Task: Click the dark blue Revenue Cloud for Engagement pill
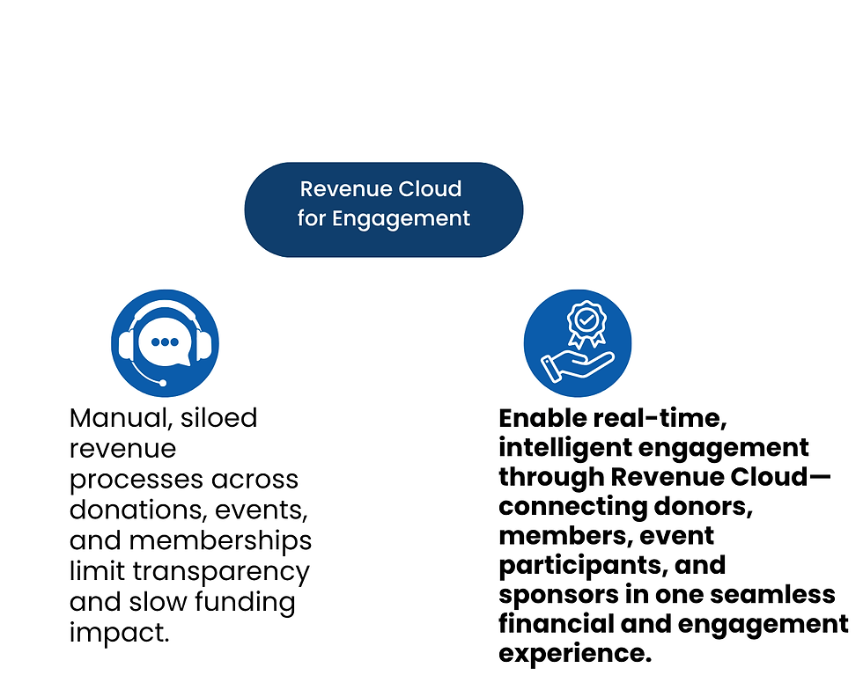(383, 209)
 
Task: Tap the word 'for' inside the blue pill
(312, 218)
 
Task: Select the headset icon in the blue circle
(165, 342)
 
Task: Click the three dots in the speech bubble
(165, 342)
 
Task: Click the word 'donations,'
(129, 510)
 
